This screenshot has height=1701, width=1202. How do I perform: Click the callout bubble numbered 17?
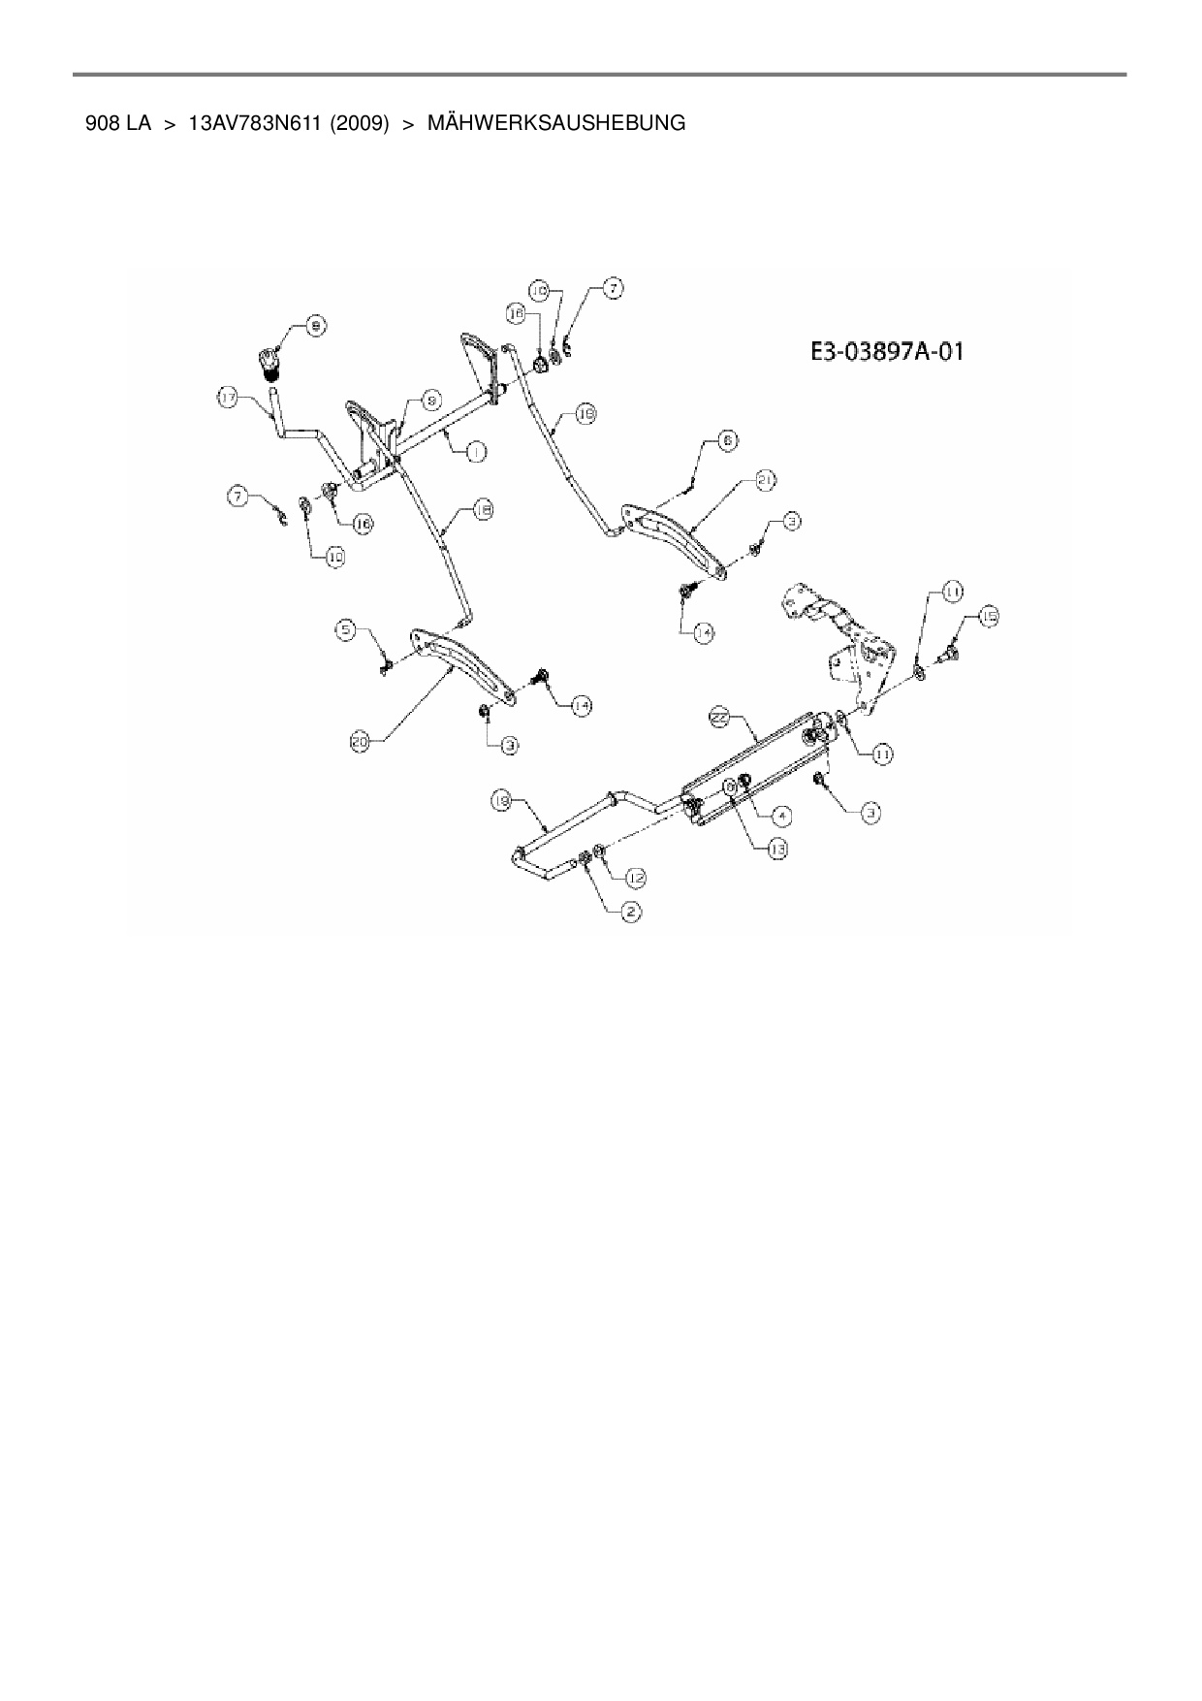tap(227, 398)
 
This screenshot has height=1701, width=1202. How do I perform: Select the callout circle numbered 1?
tap(476, 451)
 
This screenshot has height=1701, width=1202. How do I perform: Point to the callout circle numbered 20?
tap(361, 743)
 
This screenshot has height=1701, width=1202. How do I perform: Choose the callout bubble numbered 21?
tap(766, 480)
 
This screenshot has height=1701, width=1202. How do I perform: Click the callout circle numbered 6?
tap(726, 440)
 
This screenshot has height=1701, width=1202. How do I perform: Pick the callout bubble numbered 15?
tap(988, 616)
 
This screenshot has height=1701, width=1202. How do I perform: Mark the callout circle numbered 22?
tap(719, 717)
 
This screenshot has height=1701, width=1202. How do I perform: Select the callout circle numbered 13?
tap(776, 849)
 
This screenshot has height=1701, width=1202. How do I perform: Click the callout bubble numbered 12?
tap(635, 877)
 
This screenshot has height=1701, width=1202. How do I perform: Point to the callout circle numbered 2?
tap(630, 912)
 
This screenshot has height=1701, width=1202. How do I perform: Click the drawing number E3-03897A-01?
tap(887, 351)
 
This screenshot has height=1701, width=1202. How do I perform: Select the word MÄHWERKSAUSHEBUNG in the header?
tap(555, 124)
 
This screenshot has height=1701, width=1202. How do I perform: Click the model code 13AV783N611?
tap(255, 124)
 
